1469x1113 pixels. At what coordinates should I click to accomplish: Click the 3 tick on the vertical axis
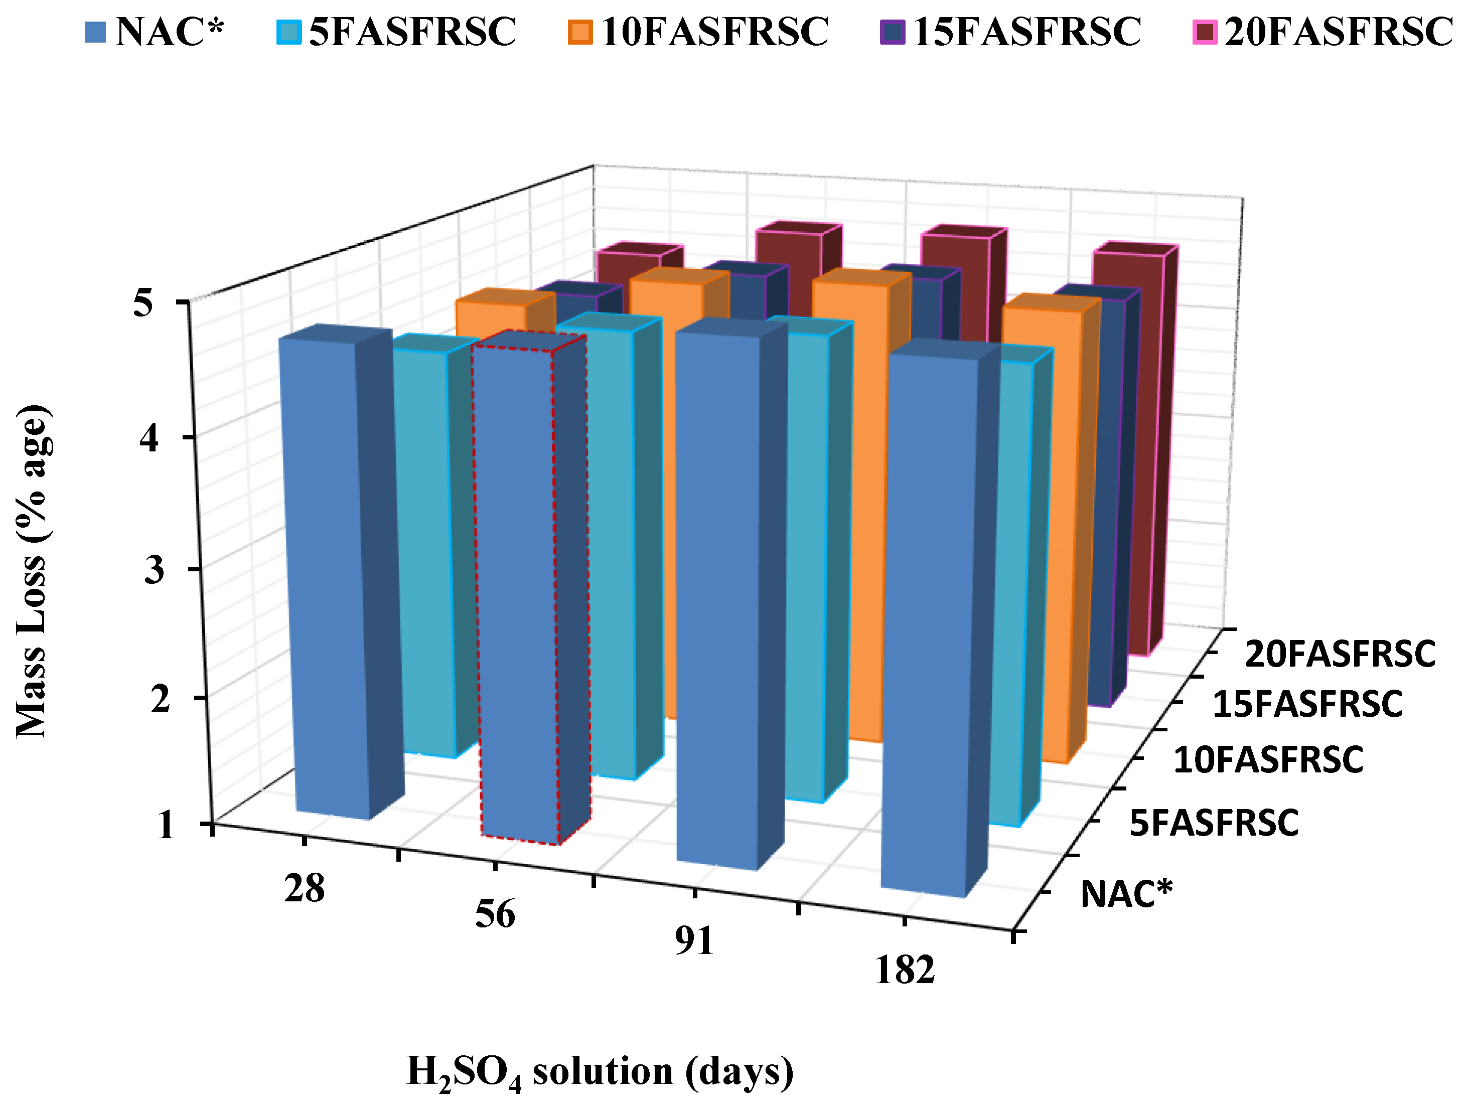[154, 569]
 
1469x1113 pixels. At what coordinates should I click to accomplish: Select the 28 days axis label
[304, 888]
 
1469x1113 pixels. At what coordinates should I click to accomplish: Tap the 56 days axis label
[495, 914]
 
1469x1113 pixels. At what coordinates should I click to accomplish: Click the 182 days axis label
[905, 970]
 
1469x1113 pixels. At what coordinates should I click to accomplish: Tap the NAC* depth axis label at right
[1126, 894]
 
